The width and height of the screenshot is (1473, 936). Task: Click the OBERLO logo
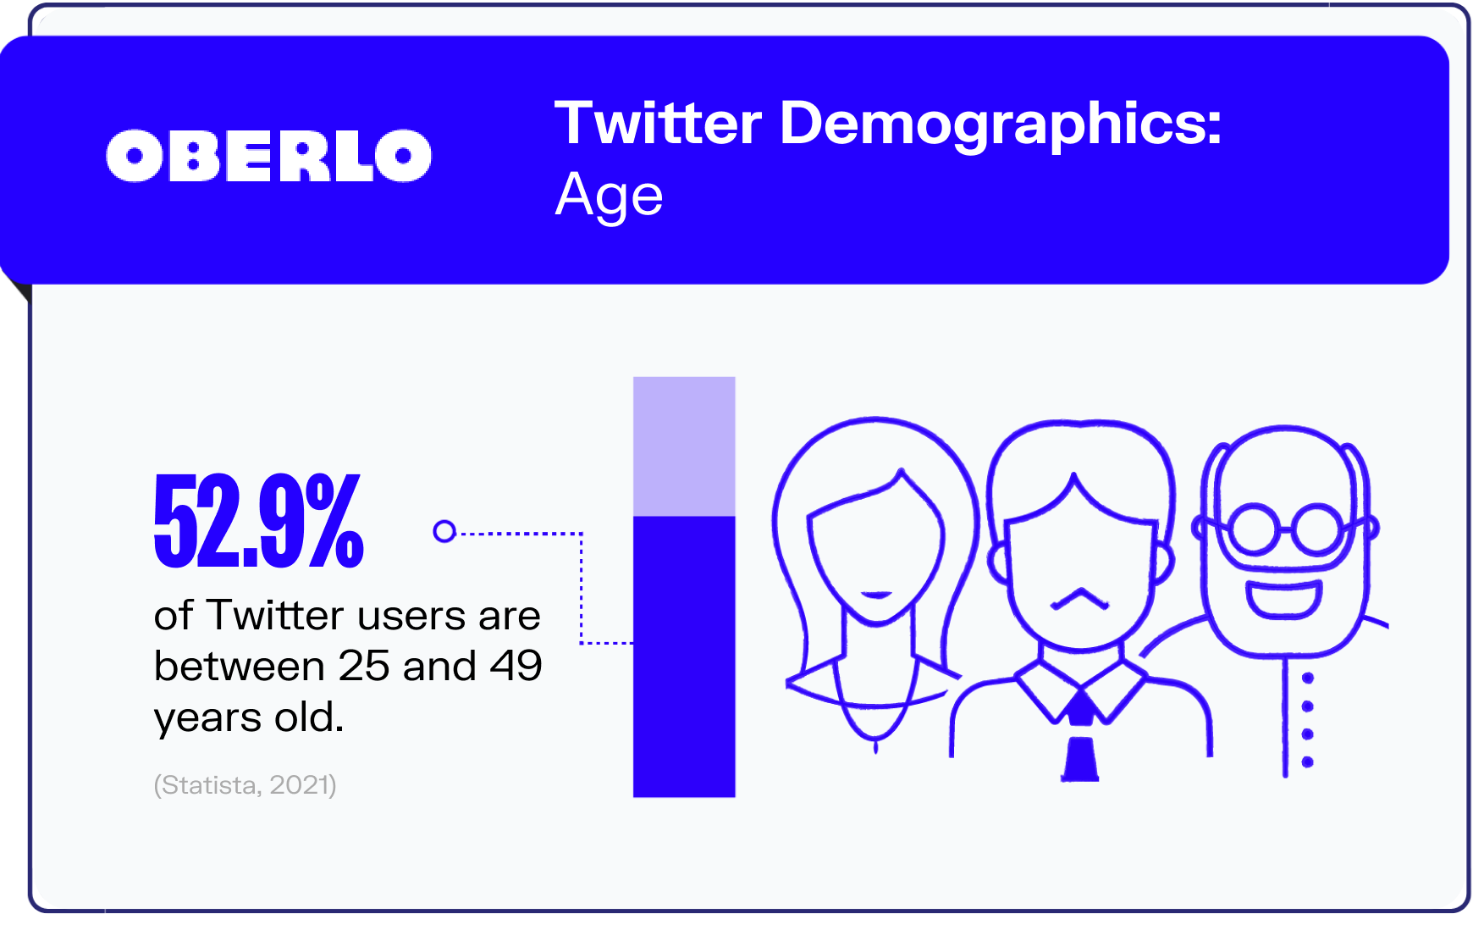click(x=268, y=156)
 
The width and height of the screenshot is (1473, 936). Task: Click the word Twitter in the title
click(x=658, y=124)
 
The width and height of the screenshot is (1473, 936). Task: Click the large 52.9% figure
click(x=259, y=520)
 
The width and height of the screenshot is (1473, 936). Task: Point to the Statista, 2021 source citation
click(x=245, y=785)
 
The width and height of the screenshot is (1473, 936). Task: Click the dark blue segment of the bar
click(x=684, y=656)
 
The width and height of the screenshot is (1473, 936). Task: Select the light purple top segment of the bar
click(x=684, y=446)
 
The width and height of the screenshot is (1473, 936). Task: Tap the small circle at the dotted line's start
click(x=444, y=531)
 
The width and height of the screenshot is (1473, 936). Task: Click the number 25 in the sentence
click(x=364, y=667)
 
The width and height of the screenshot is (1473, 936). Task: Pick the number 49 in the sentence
click(x=516, y=667)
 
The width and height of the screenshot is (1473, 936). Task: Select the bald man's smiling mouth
click(x=1283, y=599)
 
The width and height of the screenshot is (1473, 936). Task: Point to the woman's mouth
click(x=876, y=595)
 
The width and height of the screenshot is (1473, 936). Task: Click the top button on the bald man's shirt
click(x=1307, y=678)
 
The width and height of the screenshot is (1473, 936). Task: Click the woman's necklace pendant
click(x=875, y=746)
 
